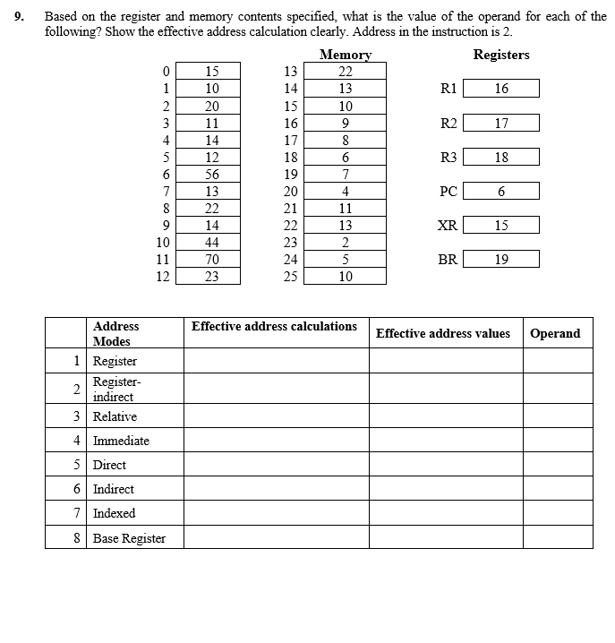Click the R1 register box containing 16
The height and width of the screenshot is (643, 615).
coord(501,89)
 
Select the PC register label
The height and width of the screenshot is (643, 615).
coord(448,191)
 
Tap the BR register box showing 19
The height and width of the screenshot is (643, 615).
coord(501,260)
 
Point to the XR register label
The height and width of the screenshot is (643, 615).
coord(448,226)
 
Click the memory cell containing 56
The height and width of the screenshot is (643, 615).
coord(212,174)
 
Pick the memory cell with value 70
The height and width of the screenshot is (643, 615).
coord(212,260)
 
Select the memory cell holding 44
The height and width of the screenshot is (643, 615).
coord(212,243)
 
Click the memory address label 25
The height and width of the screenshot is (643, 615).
coord(289,277)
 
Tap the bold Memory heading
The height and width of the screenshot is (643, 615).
coord(346,55)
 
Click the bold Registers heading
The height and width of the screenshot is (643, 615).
coord(501,55)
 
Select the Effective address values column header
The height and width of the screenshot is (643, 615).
coord(443,333)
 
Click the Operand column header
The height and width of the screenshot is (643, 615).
coord(555,333)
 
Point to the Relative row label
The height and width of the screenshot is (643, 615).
coord(115,416)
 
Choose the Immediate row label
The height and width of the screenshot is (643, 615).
coord(121,441)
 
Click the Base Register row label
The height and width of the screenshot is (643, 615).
coord(129,537)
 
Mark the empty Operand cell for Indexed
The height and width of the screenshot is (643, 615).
coord(558,513)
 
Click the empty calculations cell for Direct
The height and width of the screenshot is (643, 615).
coord(276,465)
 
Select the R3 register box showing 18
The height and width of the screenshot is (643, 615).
coord(501,157)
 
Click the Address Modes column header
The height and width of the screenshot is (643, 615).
coord(115,333)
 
